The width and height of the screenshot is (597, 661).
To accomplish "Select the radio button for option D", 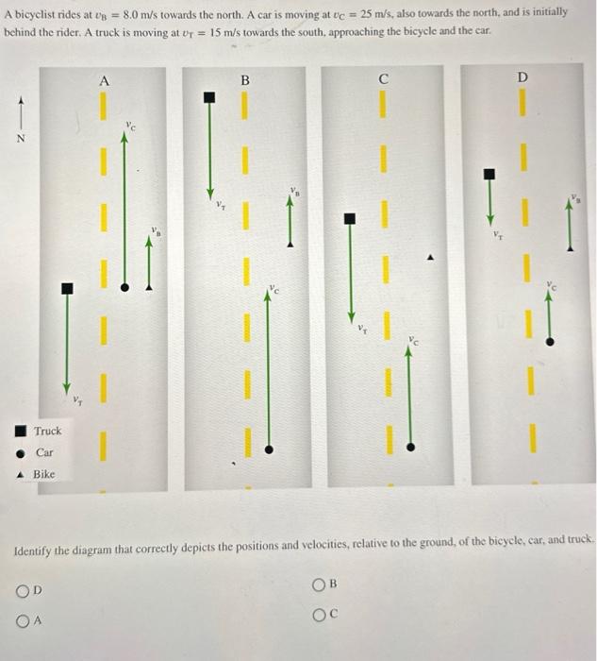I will tap(22, 592).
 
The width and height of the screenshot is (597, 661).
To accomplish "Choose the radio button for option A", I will tap(22, 620).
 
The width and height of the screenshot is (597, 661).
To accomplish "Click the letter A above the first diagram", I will tap(104, 81).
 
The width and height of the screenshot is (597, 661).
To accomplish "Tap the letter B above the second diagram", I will tap(244, 81).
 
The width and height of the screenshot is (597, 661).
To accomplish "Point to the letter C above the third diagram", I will tap(383, 79).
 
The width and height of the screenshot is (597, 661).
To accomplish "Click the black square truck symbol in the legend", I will tap(22, 432).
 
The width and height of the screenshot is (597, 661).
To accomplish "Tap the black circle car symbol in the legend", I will tap(22, 452).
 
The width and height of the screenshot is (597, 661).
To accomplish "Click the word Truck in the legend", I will tap(47, 432).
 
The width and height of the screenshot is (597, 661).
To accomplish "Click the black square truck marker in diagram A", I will tap(65, 288).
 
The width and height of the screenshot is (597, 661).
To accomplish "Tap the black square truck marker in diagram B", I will tap(210, 97).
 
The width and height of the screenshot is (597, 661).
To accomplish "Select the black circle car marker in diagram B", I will tap(269, 450).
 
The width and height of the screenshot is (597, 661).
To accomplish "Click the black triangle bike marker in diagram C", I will tap(431, 255).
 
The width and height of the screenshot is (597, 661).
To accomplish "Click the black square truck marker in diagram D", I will tap(489, 174).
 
